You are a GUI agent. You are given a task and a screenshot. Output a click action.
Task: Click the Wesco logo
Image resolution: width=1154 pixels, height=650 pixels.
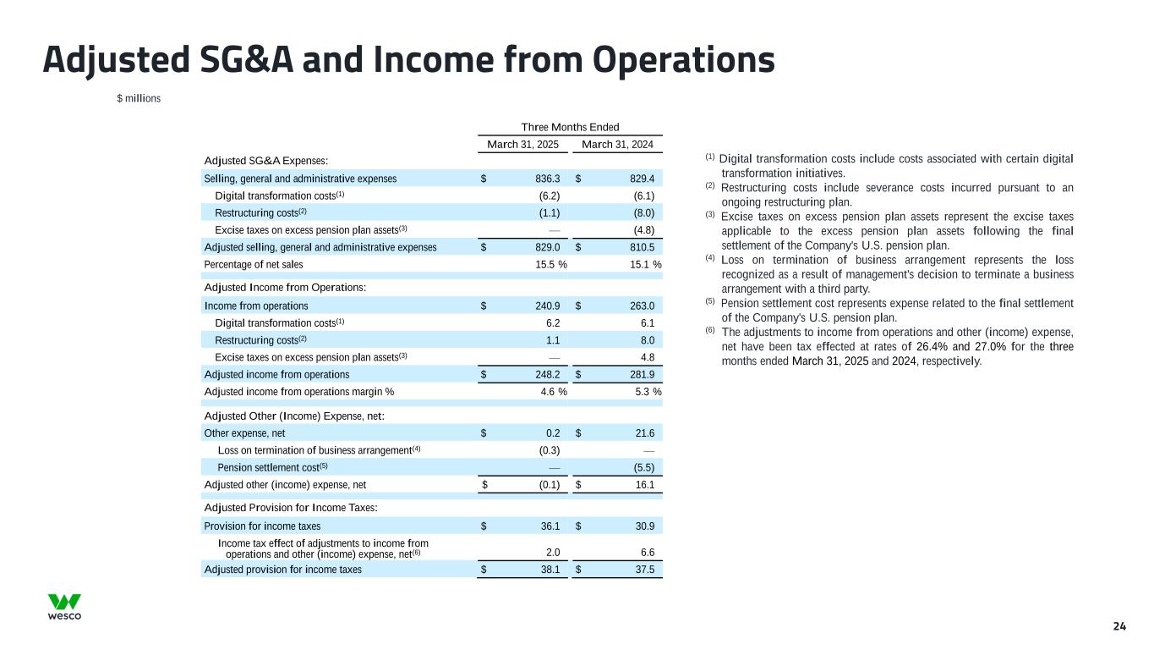(x=64, y=607)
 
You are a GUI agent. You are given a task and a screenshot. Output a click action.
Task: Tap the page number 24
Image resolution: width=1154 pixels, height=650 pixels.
(x=1119, y=626)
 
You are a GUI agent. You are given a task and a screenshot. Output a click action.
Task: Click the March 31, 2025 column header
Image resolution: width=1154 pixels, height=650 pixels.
(x=523, y=145)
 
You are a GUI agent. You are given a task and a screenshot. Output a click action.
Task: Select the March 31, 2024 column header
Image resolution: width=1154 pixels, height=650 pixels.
(x=617, y=145)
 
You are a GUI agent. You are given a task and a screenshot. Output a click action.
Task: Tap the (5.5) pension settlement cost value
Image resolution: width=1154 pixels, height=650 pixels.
(x=641, y=467)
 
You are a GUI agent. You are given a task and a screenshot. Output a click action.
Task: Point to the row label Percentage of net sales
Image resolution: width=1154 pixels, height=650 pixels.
(x=254, y=265)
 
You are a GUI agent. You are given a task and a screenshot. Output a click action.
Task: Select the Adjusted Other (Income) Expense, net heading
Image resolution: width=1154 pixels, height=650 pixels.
(x=295, y=416)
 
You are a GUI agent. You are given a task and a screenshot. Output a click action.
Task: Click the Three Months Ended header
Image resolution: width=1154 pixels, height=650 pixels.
(x=570, y=127)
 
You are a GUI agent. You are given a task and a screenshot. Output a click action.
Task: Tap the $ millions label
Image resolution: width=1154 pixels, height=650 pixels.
(x=139, y=98)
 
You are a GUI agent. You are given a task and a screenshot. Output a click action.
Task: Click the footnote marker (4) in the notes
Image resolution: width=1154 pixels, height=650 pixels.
(x=711, y=258)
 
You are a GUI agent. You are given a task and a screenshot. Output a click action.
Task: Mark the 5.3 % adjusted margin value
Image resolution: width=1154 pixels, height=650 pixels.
(x=643, y=392)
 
